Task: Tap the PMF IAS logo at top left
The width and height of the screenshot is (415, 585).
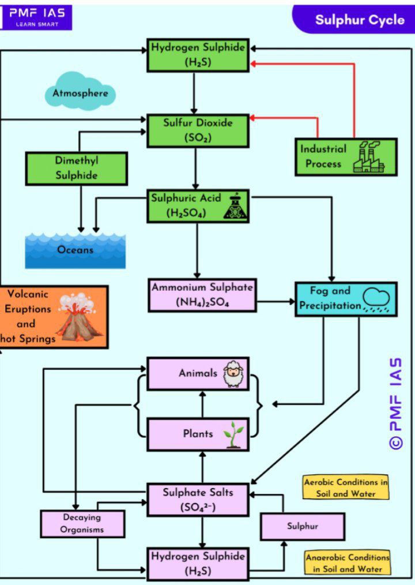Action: [36, 16]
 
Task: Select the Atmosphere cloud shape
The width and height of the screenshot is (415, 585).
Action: [81, 93]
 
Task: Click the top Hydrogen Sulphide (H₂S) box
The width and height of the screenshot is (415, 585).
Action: [198, 55]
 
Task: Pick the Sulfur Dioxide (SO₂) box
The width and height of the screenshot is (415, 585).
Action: [198, 130]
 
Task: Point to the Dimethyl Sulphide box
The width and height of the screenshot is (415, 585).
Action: [76, 168]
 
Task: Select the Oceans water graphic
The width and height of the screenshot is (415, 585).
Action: [75, 250]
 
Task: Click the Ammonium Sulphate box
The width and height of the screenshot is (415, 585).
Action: [201, 295]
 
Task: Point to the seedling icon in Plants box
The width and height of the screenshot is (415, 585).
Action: [233, 434]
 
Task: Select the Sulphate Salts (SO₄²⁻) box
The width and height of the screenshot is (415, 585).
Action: [198, 500]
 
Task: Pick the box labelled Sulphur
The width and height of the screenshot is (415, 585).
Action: [303, 526]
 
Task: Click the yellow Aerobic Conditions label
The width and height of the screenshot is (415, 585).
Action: [346, 487]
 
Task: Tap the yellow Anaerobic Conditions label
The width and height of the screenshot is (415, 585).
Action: [347, 563]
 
